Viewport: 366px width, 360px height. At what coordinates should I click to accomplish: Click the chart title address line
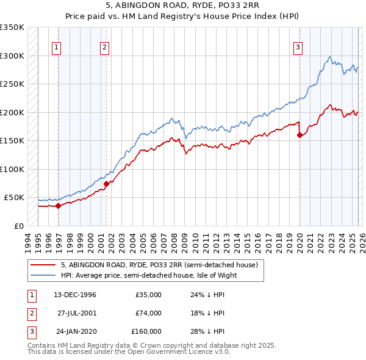pyautogui.click(x=182, y=5)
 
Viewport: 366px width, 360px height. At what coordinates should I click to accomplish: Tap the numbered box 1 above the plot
pyautogui.click(x=56, y=47)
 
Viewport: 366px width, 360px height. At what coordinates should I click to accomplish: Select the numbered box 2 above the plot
pyautogui.click(x=104, y=47)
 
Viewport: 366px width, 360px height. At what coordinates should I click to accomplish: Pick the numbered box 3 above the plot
pyautogui.click(x=298, y=47)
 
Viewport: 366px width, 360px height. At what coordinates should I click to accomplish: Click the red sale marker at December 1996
pyautogui.click(x=59, y=206)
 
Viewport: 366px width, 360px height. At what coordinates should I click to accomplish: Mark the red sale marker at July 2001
pyautogui.click(x=106, y=183)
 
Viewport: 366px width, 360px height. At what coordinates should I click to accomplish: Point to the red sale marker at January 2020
pyautogui.click(x=300, y=135)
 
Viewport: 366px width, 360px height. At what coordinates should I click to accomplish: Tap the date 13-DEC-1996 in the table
pyautogui.click(x=74, y=295)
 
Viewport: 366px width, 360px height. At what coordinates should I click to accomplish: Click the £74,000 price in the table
pyautogui.click(x=148, y=313)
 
